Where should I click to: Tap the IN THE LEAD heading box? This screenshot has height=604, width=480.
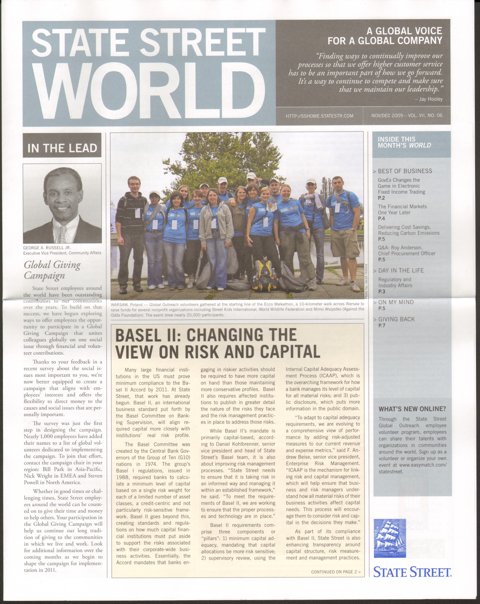point(62,148)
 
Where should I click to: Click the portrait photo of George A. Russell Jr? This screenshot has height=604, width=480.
point(62,203)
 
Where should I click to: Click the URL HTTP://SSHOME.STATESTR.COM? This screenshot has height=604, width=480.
point(320,116)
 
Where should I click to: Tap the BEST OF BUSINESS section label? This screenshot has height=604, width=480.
point(405,171)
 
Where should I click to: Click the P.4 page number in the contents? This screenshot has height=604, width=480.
point(382,218)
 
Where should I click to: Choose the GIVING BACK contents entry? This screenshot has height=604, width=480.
point(396,319)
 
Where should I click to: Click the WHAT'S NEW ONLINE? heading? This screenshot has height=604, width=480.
point(412,409)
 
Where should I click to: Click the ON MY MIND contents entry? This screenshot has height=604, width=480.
point(396,302)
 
